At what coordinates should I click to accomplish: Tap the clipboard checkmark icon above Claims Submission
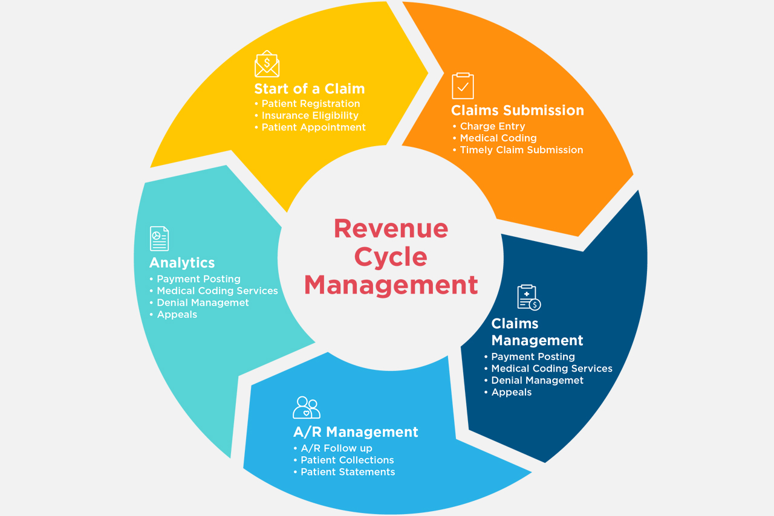(463, 86)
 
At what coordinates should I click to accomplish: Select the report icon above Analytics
(159, 239)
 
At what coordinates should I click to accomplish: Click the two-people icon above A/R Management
(306, 408)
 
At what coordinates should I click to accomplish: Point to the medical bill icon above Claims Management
(528, 297)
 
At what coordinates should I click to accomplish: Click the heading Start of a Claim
(309, 89)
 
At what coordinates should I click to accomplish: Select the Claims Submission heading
(517, 111)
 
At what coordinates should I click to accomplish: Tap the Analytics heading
(181, 263)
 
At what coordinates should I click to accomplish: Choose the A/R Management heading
(356, 432)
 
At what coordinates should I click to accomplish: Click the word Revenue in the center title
(391, 228)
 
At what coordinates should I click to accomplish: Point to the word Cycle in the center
(391, 257)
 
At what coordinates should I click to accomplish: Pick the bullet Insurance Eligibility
(310, 115)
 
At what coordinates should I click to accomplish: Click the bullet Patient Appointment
(313, 127)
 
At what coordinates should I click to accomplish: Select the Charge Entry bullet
(492, 126)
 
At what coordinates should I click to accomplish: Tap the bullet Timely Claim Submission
(521, 150)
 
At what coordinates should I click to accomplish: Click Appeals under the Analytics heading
(177, 314)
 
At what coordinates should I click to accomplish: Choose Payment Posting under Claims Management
(533, 356)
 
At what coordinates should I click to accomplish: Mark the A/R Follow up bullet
(336, 448)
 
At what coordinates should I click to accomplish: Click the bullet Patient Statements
(348, 472)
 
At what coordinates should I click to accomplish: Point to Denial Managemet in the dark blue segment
(537, 380)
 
